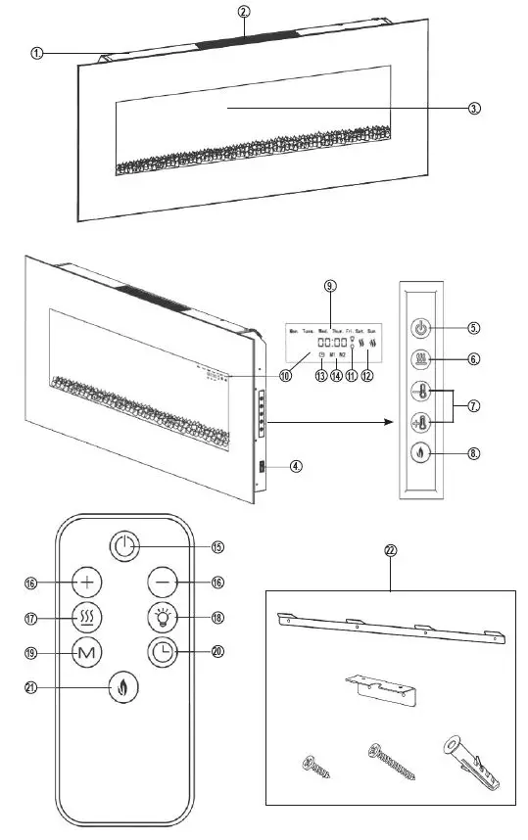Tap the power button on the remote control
tap(123, 546)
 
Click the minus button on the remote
tap(162, 582)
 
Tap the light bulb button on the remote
tap(162, 617)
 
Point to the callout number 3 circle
tap(474, 109)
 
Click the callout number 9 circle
tap(329, 287)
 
